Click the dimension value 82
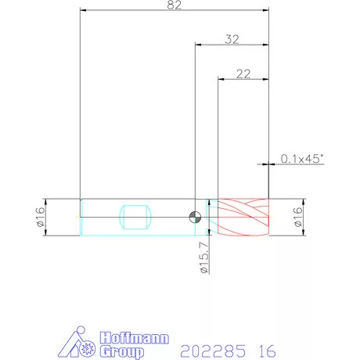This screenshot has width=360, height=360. pyautogui.click(x=174, y=5)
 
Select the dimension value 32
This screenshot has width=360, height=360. pyautogui.click(x=232, y=39)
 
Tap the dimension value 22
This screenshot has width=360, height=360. pyautogui.click(x=243, y=74)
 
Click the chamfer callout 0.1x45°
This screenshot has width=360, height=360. pyautogui.click(x=302, y=159)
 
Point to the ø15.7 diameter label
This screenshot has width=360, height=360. pyautogui.click(x=205, y=257)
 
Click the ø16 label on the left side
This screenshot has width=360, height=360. pyautogui.click(x=41, y=217)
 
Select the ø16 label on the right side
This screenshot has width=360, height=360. pyautogui.click(x=297, y=217)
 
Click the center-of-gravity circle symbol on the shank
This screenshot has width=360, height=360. pyautogui.click(x=195, y=217)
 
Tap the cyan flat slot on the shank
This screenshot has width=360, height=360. pyautogui.click(x=135, y=217)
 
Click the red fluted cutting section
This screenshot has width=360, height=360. pyautogui.click(x=243, y=217)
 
